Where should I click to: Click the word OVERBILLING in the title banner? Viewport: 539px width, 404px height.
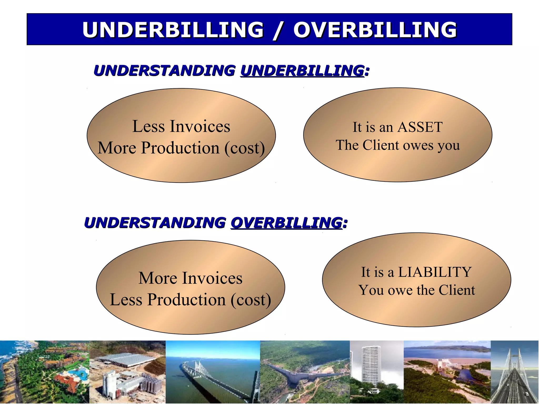click(x=375, y=29)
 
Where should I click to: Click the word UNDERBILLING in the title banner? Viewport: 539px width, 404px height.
click(x=173, y=29)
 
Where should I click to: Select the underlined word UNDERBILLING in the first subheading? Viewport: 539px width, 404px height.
click(x=302, y=70)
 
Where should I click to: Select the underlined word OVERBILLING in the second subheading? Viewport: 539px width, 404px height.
click(x=286, y=223)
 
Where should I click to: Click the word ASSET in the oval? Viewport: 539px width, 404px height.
click(x=420, y=127)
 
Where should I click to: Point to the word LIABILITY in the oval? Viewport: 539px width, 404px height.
click(x=435, y=272)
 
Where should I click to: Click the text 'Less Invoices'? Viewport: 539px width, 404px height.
click(x=181, y=126)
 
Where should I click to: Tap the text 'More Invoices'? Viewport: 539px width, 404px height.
click(x=190, y=278)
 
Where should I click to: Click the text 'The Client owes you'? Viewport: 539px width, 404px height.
click(x=398, y=145)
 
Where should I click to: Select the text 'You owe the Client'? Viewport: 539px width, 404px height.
click(x=417, y=290)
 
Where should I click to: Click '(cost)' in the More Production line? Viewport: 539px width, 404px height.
click(x=244, y=148)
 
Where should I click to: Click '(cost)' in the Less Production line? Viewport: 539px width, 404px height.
click(x=251, y=300)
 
